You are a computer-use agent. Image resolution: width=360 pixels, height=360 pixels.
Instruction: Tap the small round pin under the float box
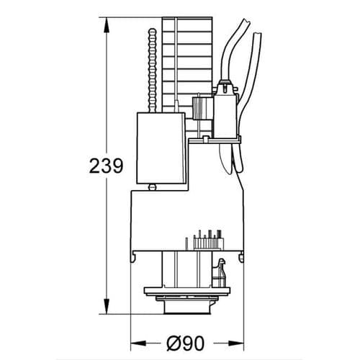click(152, 187)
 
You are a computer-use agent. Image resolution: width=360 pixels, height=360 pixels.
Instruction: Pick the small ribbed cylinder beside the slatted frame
click(196, 108)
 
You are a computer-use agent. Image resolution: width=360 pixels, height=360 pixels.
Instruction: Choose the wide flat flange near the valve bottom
click(185, 294)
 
